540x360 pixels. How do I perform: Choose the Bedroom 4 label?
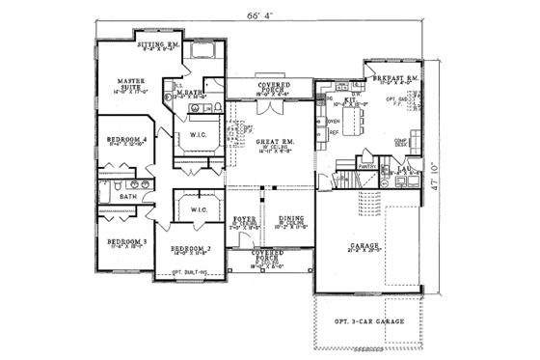click(126, 139)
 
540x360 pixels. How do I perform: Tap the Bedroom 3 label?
click(125, 241)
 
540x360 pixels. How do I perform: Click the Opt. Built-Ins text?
click(191, 272)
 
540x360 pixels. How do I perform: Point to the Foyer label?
click(245, 219)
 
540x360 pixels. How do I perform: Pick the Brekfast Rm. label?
click(396, 76)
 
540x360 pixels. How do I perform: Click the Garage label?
click(364, 245)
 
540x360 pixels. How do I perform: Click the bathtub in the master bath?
click(203, 50)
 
